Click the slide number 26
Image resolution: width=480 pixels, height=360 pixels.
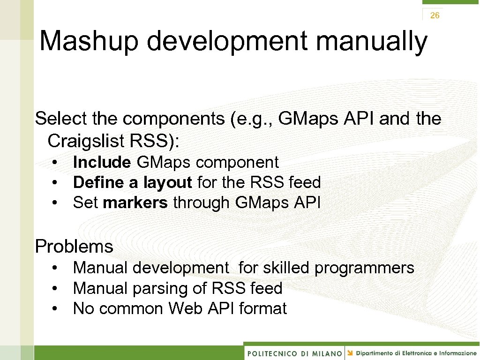click(x=435, y=15)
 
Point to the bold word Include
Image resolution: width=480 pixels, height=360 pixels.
click(x=102, y=162)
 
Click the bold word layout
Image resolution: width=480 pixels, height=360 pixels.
click(x=168, y=182)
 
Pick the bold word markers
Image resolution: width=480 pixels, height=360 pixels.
click(x=135, y=202)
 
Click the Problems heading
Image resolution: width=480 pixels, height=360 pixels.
click(x=74, y=246)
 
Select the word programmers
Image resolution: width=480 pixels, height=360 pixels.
click(x=364, y=268)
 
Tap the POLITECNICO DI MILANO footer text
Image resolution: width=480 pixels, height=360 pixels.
click(x=294, y=353)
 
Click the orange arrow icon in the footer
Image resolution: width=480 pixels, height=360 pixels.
click(x=350, y=352)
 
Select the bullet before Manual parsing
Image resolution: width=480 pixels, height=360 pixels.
click(x=55, y=288)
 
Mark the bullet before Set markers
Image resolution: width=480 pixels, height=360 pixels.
click(x=55, y=202)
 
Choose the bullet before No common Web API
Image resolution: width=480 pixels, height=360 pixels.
click(x=55, y=308)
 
